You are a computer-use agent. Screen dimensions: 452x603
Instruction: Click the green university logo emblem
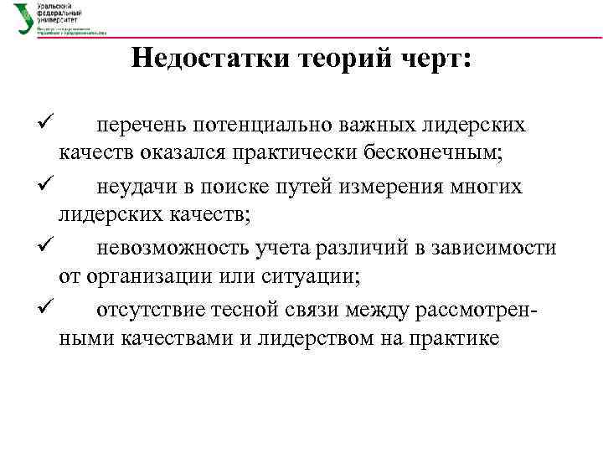tap(23, 18)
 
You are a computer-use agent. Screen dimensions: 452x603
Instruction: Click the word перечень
tap(142, 126)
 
